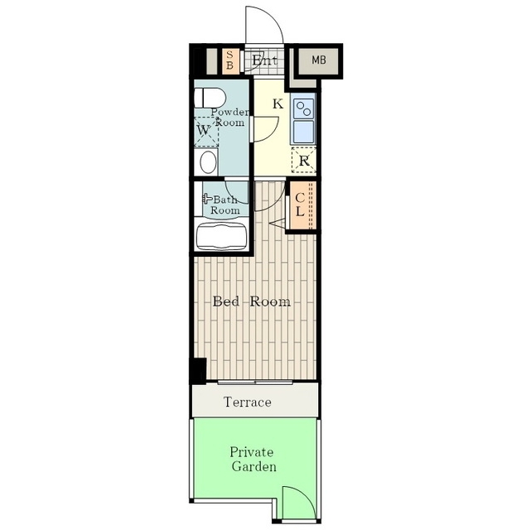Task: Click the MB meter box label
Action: (x=319, y=60)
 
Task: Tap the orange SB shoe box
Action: (x=229, y=61)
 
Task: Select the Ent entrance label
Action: (x=265, y=60)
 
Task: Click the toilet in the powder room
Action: (x=210, y=98)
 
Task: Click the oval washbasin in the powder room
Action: (x=208, y=162)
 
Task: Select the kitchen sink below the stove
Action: (x=303, y=132)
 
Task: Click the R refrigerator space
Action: (x=304, y=160)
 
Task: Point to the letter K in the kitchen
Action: (x=278, y=104)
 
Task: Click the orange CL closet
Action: (x=302, y=205)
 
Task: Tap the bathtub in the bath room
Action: (x=221, y=237)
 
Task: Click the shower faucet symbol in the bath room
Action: (x=206, y=198)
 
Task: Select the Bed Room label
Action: (x=252, y=301)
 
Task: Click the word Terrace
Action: (x=248, y=402)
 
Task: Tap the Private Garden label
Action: (x=253, y=460)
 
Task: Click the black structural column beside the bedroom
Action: (x=198, y=371)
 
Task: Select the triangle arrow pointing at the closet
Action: (x=278, y=224)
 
